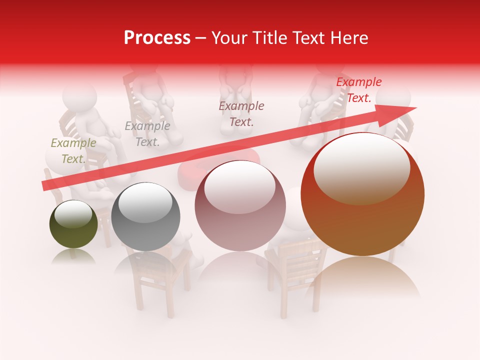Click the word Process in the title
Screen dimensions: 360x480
click(157, 38)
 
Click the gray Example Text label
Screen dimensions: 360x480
click(147, 134)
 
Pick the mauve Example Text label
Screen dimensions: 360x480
click(241, 113)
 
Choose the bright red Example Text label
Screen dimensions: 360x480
click(359, 90)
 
